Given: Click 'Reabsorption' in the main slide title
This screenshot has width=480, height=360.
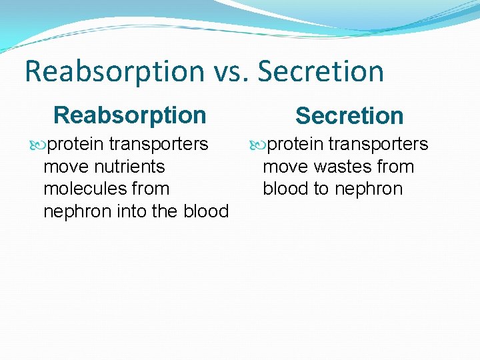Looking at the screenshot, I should click(x=113, y=71).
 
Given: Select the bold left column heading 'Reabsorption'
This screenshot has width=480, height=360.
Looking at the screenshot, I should click(x=129, y=115).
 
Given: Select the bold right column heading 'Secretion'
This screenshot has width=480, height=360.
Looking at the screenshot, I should click(x=349, y=115).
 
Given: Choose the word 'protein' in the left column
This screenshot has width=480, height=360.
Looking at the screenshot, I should click(x=75, y=144).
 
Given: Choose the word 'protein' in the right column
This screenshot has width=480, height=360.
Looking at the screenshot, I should click(x=295, y=144).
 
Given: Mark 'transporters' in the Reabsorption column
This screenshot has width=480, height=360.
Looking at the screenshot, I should click(x=159, y=144).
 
